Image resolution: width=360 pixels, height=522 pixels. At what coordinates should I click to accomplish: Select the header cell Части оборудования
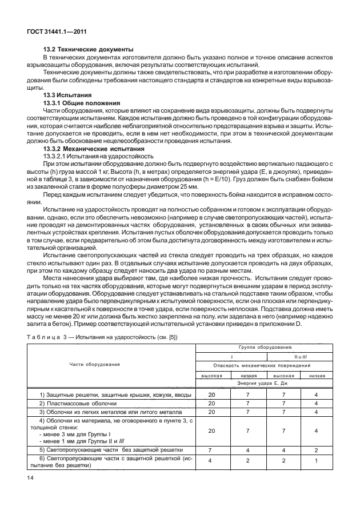(x=95, y=364)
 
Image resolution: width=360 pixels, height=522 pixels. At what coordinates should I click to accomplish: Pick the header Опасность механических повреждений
(x=261, y=365)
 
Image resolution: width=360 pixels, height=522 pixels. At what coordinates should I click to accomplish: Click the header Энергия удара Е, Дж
(x=261, y=385)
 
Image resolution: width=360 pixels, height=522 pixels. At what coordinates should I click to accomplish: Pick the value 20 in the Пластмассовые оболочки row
(x=211, y=403)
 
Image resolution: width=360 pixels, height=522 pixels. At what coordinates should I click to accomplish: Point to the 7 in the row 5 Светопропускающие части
(x=211, y=449)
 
